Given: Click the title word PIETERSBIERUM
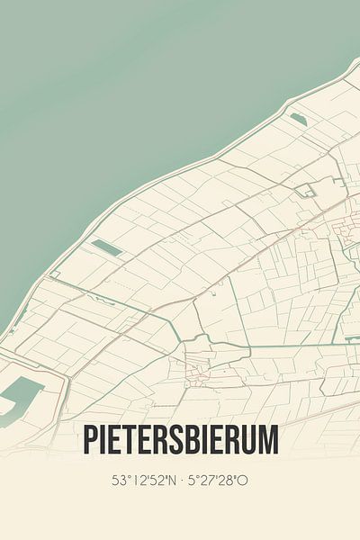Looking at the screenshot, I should pyautogui.click(x=180, y=440).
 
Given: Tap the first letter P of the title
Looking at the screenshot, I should pyautogui.click(x=90, y=440).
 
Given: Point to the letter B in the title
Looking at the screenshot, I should pyautogui.click(x=191, y=440).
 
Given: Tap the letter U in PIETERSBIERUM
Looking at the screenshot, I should pyautogui.click(x=247, y=440).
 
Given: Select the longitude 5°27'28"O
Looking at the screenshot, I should pyautogui.click(x=219, y=481).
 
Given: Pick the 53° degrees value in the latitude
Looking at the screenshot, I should pyautogui.click(x=120, y=481).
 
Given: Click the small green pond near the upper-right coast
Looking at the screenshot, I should pyautogui.click(x=298, y=120).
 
